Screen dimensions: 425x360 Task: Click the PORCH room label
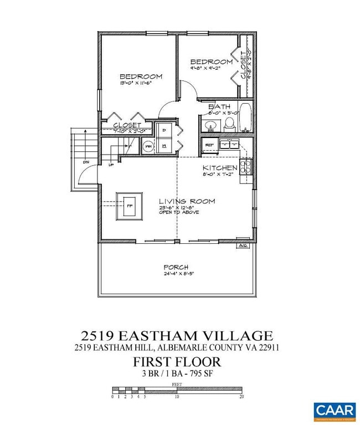(177, 267)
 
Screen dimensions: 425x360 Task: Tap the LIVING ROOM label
(187, 201)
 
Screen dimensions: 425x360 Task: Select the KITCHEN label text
(220, 168)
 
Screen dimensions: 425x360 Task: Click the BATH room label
(219, 107)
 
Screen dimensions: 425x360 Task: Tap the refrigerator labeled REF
(209, 145)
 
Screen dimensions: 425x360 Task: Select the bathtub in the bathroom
(246, 118)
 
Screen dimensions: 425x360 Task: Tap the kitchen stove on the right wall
(248, 166)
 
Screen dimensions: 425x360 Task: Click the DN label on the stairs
(86, 162)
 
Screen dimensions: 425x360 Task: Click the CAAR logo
(335, 410)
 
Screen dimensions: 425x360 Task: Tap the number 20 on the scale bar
(241, 397)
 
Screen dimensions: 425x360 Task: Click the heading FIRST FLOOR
(177, 363)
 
